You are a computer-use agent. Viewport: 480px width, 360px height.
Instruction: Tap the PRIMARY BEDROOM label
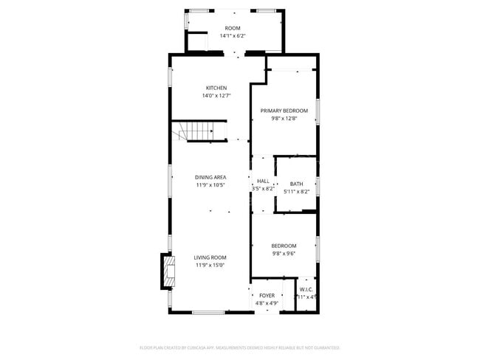[x=284, y=111]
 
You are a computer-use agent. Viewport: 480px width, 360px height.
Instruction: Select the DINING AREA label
[x=210, y=177]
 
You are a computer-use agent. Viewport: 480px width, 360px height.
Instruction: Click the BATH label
[x=296, y=184]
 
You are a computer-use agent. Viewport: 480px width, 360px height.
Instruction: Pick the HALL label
[x=263, y=181]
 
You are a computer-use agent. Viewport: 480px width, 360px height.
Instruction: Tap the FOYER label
[x=267, y=295]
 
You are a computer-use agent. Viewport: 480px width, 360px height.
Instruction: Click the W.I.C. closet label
[x=306, y=289]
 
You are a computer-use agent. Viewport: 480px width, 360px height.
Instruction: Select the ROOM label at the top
[x=233, y=28]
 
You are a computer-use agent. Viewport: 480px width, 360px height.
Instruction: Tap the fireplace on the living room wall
[x=169, y=270]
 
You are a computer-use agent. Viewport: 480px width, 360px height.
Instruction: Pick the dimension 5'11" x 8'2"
[x=296, y=192]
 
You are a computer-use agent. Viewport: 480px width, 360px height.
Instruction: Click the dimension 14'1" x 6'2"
[x=233, y=35]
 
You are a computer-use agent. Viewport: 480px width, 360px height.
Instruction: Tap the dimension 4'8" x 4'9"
[x=267, y=302]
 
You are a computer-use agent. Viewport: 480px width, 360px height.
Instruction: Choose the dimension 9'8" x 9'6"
[x=284, y=253]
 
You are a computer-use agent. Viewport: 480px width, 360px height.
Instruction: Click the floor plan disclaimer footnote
[x=240, y=347]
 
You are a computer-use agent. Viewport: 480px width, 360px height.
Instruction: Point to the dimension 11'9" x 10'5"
[x=210, y=185]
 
